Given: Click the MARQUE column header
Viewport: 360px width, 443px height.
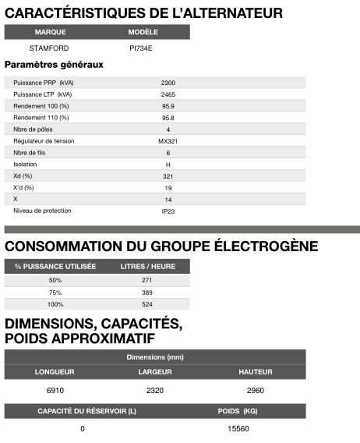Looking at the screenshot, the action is point(50,32).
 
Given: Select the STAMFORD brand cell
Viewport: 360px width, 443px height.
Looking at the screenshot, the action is point(50,48).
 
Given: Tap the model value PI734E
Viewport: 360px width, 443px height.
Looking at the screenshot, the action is point(143,48).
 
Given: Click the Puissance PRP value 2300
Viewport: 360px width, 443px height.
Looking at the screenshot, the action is point(168,82).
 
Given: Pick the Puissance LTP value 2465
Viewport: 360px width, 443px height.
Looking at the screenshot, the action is point(168,94).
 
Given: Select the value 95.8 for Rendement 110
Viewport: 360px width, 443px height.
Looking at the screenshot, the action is point(168,117).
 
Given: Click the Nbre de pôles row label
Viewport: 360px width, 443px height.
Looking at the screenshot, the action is point(32,129).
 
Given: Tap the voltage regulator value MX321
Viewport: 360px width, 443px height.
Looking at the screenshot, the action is point(168,140).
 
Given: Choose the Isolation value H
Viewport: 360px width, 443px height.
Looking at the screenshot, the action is point(168,165).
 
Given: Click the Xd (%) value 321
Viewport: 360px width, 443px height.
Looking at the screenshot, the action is point(168,176).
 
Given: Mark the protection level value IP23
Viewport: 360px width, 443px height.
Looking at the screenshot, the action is point(168,211).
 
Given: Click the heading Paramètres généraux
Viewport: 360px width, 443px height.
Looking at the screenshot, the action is point(54,65).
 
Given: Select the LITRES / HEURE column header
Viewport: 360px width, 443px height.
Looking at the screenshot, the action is point(148,266).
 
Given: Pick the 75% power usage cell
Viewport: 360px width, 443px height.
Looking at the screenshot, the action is point(55,292).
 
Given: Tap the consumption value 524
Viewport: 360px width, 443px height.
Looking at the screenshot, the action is point(147,304).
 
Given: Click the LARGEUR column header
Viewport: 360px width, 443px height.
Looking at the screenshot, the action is point(155,371).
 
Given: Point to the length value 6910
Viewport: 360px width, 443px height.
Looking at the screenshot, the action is point(55,388).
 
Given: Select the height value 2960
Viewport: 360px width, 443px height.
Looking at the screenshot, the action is point(255,388).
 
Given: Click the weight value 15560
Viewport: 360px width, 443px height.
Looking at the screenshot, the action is point(238,428).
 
